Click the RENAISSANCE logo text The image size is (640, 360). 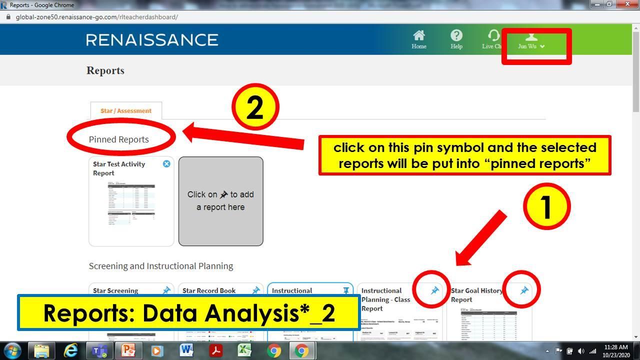pos(152,40)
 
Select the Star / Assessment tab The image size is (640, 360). pos(126,110)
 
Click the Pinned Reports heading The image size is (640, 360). pos(119,139)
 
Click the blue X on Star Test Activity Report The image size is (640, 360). pos(166,164)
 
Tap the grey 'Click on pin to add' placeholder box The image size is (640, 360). pos(220,201)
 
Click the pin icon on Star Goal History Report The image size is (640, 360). pos(524,290)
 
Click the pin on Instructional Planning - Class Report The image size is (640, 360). pos(434,290)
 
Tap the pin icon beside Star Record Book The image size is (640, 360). pos(256,290)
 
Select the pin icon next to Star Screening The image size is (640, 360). pos(166,290)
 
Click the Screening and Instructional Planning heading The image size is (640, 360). pos(161,266)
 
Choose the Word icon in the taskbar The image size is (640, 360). pos(186,350)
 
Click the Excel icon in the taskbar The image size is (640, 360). pos(244,350)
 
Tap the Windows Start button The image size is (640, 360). pos(12,350)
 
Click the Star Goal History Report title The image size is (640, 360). pos(476,295)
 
